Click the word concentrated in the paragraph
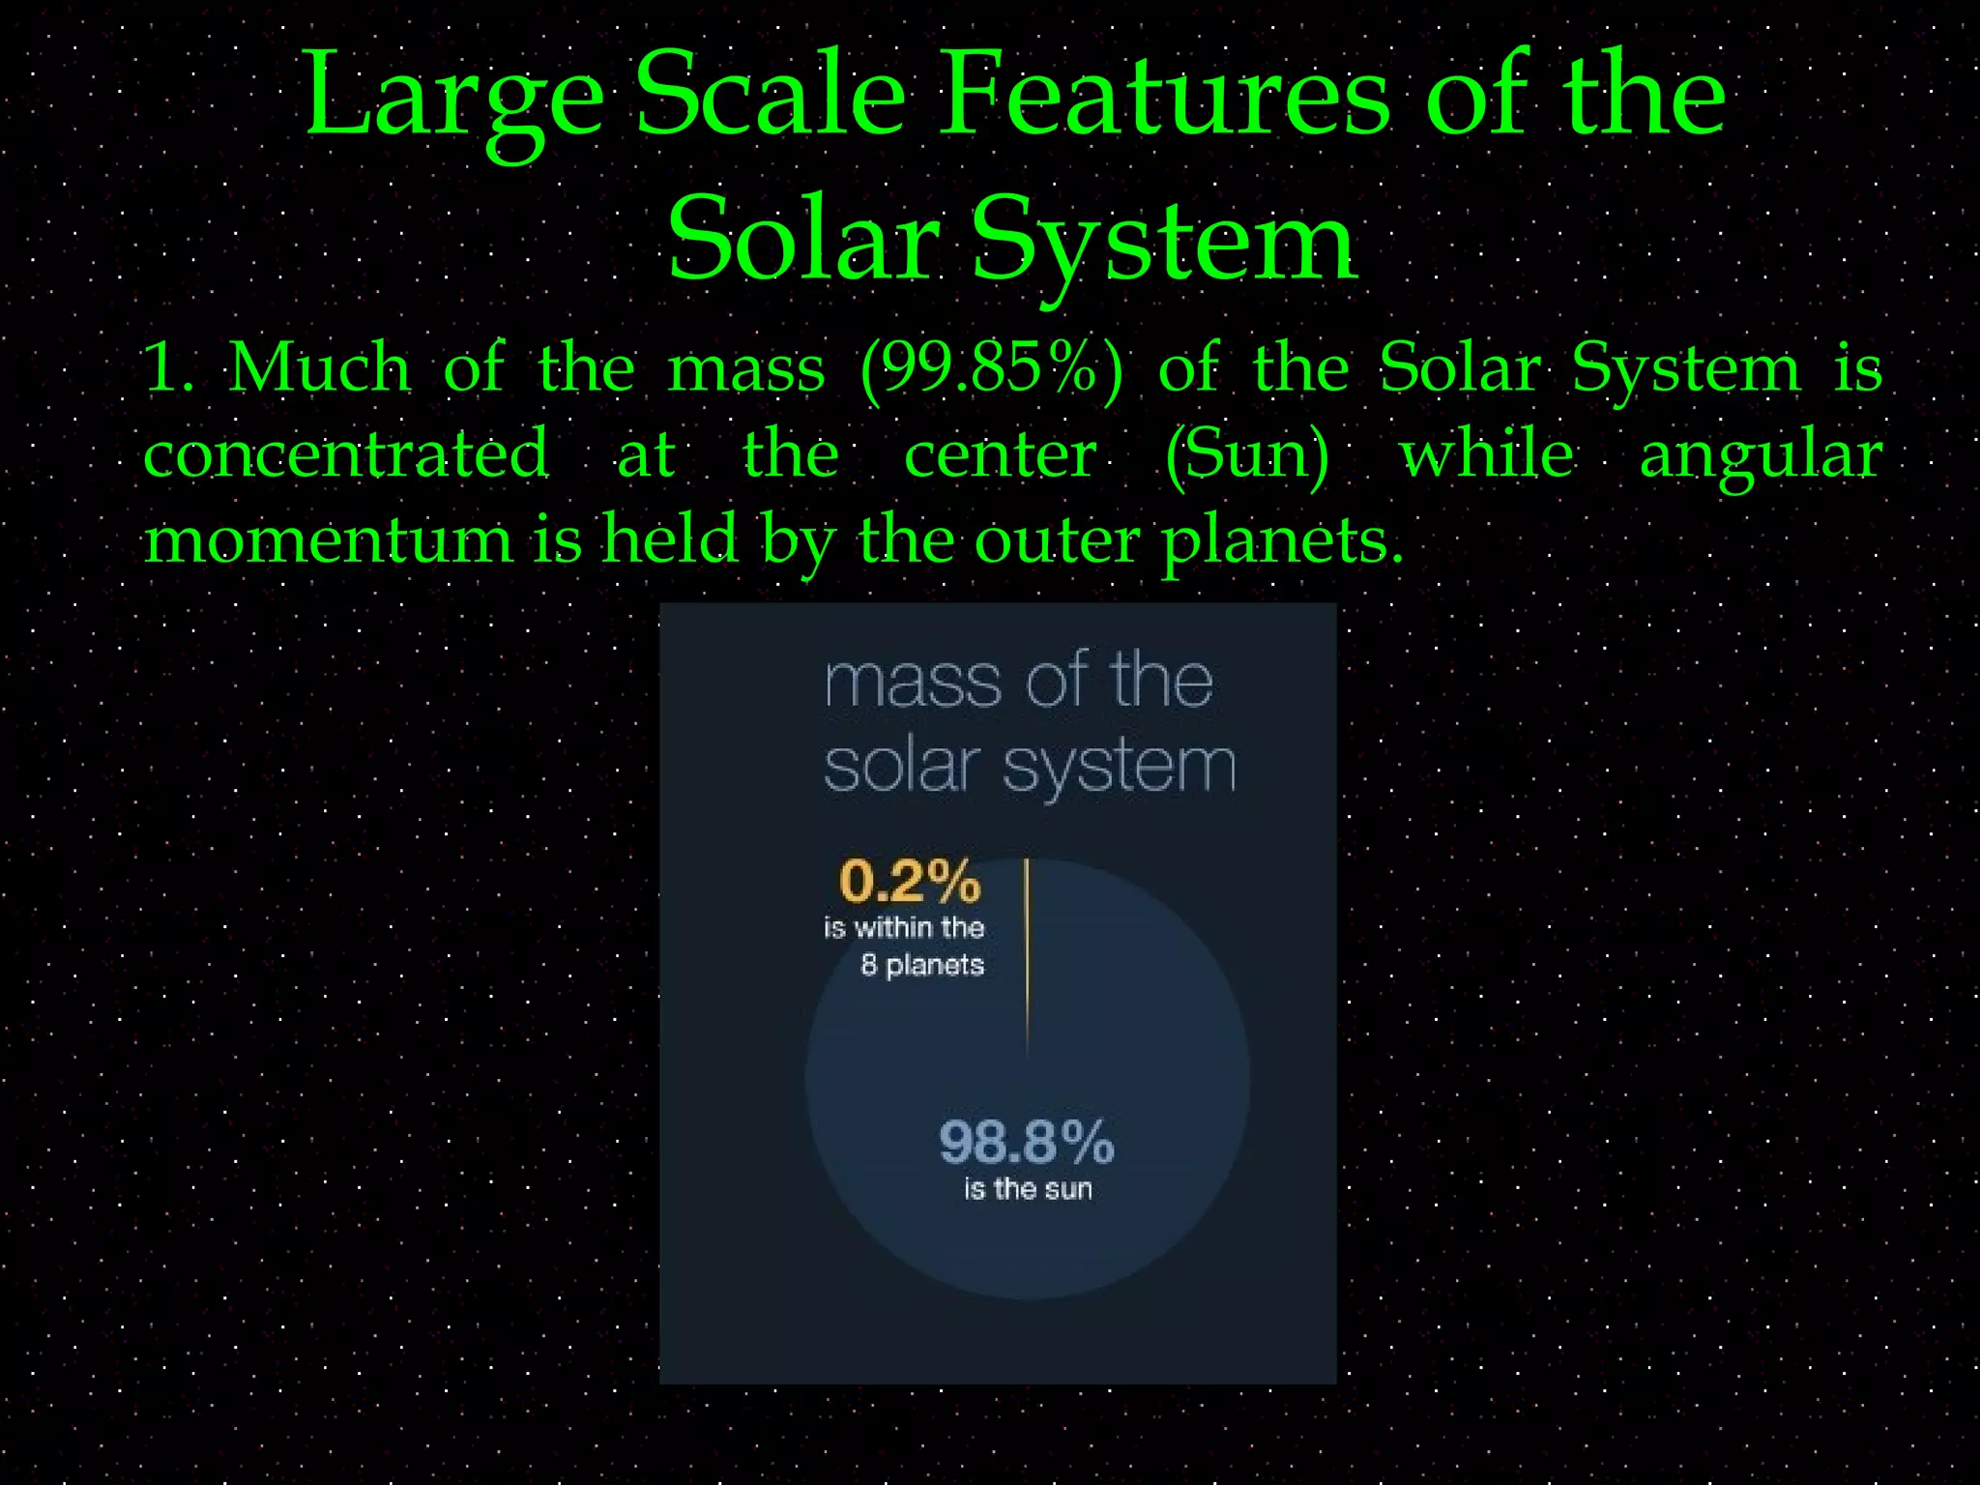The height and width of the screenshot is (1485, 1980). (x=346, y=454)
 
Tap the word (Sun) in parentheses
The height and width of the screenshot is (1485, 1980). (x=1247, y=454)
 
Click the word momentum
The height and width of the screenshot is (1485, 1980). (x=329, y=539)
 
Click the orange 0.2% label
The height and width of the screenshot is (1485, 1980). (x=910, y=881)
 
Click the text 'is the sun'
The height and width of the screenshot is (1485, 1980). (x=1028, y=1189)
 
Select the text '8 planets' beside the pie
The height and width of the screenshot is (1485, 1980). (x=922, y=965)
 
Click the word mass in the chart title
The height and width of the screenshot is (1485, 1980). (x=913, y=683)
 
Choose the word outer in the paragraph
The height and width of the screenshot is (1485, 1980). (x=1057, y=539)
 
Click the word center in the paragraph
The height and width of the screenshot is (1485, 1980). (x=1000, y=454)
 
